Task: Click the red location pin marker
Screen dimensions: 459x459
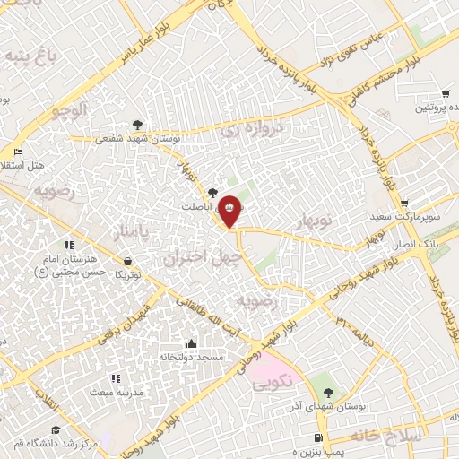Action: pos(230,212)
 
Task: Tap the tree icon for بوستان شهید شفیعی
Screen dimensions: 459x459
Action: pos(136,125)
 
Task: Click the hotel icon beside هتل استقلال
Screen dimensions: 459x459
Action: pos(18,152)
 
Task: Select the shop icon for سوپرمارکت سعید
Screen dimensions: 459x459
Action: pos(404,204)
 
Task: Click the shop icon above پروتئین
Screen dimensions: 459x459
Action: pos(445,95)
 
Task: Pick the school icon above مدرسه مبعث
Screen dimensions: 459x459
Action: pos(114,379)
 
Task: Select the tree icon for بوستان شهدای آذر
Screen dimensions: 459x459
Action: pos(328,393)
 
